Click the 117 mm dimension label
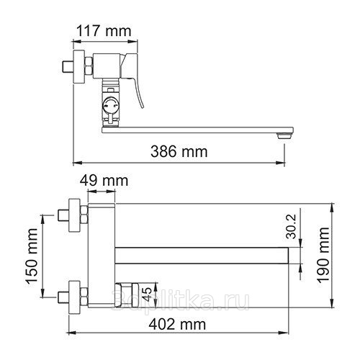pyautogui.click(x=104, y=31)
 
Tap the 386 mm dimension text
pyautogui.click(x=179, y=151)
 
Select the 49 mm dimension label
pyautogui.click(x=104, y=181)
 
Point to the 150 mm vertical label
pyautogui.click(x=32, y=256)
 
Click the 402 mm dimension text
pyautogui.click(x=177, y=325)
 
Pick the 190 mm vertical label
pyautogui.click(x=323, y=255)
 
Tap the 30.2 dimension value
pyautogui.click(x=292, y=226)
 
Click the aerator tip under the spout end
pyautogui.click(x=284, y=136)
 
